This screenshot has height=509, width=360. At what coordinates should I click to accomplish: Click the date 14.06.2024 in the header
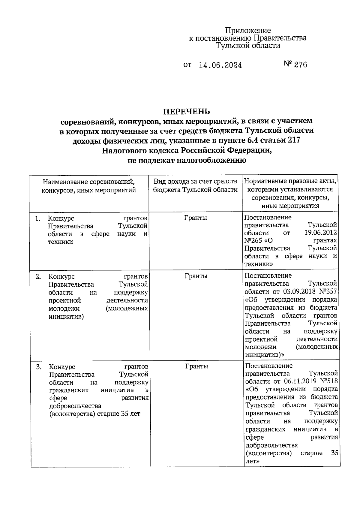click(x=220, y=65)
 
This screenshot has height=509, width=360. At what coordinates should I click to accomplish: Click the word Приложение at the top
click(x=248, y=30)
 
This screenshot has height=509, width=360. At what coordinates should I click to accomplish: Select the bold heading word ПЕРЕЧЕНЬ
click(x=186, y=112)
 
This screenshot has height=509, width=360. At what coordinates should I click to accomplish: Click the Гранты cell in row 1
click(x=195, y=218)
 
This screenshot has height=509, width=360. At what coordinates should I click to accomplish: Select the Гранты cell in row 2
click(x=196, y=276)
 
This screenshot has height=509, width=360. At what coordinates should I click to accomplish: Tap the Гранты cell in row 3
click(x=196, y=366)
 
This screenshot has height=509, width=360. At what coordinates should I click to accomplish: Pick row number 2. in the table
click(x=38, y=276)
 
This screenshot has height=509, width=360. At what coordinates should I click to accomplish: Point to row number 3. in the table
click(x=39, y=367)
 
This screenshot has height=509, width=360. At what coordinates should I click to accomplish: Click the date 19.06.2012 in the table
click(x=320, y=233)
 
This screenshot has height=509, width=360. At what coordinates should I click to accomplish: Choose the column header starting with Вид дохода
click(x=195, y=185)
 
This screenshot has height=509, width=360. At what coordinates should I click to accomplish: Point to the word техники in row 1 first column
click(x=60, y=242)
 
